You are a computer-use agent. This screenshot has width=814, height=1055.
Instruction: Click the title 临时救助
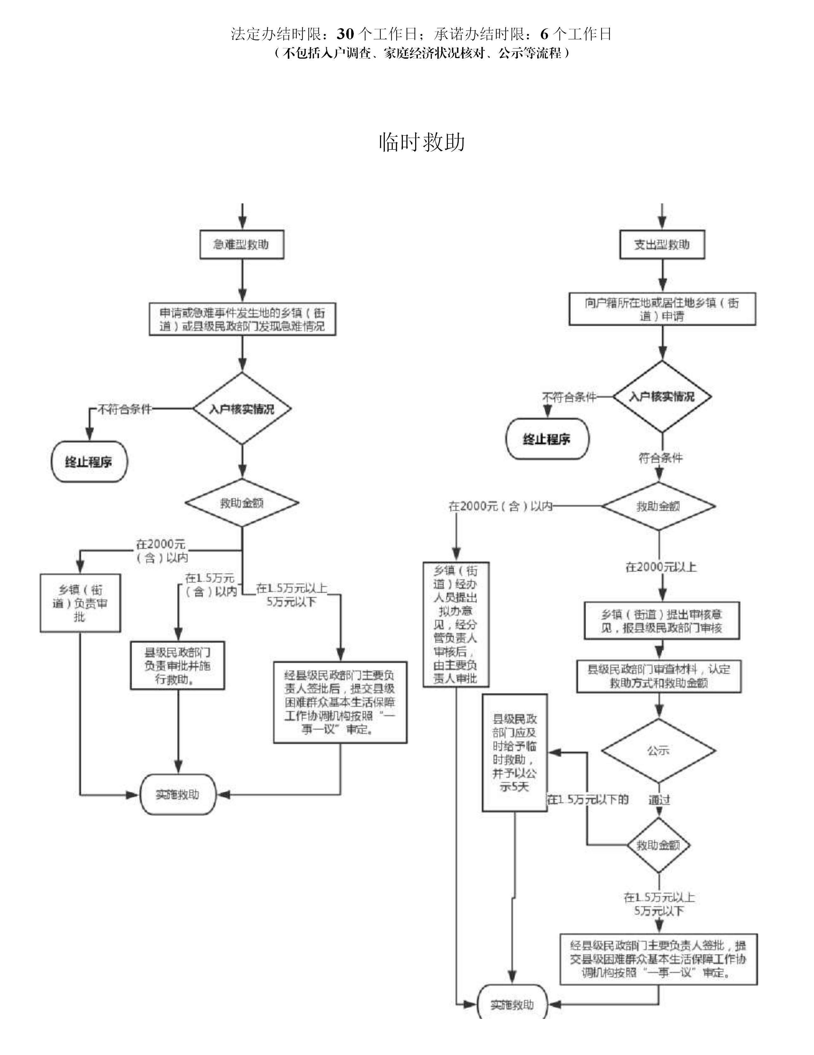tap(422, 142)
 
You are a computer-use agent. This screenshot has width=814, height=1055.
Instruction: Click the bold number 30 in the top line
tap(345, 34)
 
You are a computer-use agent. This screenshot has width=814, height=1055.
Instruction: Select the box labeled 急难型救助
tap(242, 245)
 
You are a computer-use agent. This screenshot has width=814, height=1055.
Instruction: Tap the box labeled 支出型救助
tap(662, 245)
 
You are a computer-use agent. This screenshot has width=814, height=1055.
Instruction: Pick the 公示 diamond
tap(658, 751)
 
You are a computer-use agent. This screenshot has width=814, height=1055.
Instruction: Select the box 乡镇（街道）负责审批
tap(80, 603)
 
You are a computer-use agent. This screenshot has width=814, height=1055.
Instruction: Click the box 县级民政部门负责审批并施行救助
tap(178, 666)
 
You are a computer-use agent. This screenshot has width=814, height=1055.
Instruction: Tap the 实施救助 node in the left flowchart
tap(178, 795)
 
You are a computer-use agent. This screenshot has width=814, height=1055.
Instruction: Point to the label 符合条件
tap(661, 457)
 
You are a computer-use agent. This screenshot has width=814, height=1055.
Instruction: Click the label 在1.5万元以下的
tap(588, 799)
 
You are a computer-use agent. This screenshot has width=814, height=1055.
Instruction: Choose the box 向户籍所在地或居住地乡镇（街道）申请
tap(662, 309)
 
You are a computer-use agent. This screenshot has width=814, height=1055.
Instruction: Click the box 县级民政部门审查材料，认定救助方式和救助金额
tap(659, 676)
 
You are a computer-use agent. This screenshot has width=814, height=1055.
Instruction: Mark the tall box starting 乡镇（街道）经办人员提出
tap(456, 624)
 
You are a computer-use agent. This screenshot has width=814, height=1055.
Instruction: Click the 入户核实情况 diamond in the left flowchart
tap(242, 409)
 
